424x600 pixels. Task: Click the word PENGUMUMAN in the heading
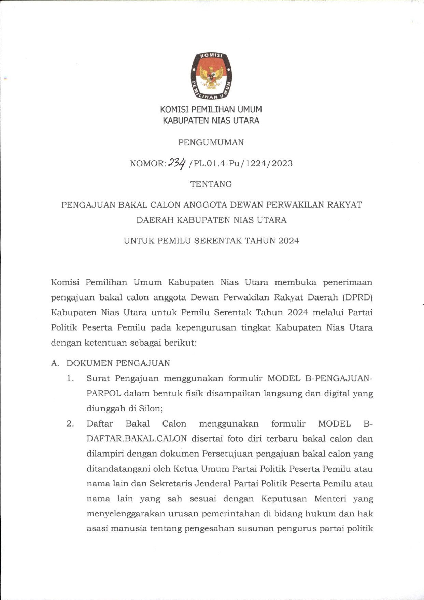pos(211,142)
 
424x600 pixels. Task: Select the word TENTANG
pos(211,184)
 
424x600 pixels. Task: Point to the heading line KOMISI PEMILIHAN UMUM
pos(211,110)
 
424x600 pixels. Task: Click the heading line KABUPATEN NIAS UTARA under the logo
pos(211,121)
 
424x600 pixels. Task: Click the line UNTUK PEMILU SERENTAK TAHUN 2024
pos(211,241)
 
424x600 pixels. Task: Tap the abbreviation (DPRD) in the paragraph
pos(357,297)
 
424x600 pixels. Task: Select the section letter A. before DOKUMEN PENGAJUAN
pos(55,363)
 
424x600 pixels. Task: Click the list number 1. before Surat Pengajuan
pos(70,378)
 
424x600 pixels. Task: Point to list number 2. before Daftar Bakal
pos(70,424)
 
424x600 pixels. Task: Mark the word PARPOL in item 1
pos(104,393)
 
